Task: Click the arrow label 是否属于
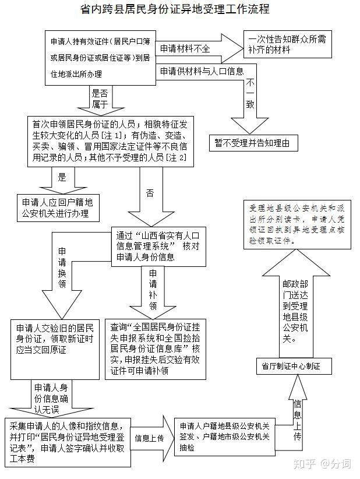pos(99,98)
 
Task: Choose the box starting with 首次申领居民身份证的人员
pos(110,140)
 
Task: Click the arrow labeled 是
pos(62,177)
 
